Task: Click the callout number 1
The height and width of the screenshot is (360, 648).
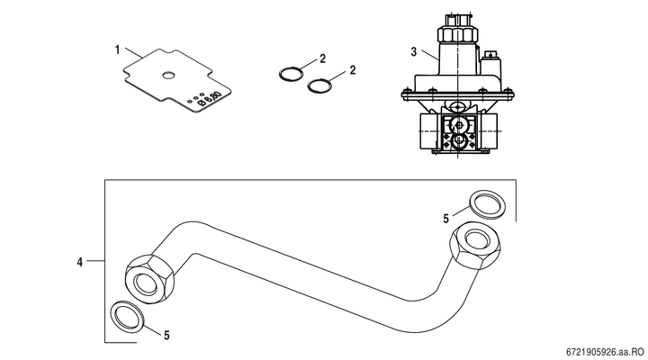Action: pyautogui.click(x=117, y=50)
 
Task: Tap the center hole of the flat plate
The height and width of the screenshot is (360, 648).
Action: pyautogui.click(x=168, y=76)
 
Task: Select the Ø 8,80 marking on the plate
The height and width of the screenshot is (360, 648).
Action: pyautogui.click(x=210, y=99)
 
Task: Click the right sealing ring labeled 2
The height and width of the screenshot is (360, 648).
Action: pyautogui.click(x=319, y=85)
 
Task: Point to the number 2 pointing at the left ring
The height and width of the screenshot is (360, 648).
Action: pyautogui.click(x=322, y=58)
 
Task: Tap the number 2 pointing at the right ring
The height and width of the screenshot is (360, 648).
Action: pyautogui.click(x=353, y=70)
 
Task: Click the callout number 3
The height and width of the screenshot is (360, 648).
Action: pyautogui.click(x=414, y=52)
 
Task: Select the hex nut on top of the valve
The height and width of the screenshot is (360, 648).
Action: pyautogui.click(x=457, y=34)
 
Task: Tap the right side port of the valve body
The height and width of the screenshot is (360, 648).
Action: pyautogui.click(x=488, y=131)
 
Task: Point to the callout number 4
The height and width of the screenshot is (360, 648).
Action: pyautogui.click(x=80, y=262)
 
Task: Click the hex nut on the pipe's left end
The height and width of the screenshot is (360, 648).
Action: pyautogui.click(x=149, y=279)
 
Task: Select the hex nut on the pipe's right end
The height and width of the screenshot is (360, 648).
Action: pyautogui.click(x=476, y=245)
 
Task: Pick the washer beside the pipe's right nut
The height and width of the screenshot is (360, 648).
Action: pyautogui.click(x=488, y=202)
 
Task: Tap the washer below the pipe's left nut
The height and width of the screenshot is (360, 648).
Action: pyautogui.click(x=128, y=316)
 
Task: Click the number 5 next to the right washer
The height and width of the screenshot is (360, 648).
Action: pyautogui.click(x=445, y=219)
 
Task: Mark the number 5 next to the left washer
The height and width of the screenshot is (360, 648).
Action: pyautogui.click(x=166, y=335)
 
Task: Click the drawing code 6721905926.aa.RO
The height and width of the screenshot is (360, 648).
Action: pyautogui.click(x=605, y=352)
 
